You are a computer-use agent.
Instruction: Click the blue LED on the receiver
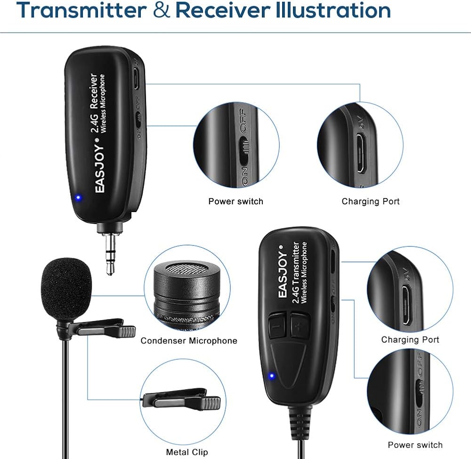point(78,198)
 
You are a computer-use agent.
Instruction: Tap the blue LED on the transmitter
point(272,376)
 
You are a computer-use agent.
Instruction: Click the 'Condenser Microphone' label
point(189,341)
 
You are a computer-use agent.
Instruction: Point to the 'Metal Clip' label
point(187,452)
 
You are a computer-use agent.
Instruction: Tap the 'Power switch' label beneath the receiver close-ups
point(236,201)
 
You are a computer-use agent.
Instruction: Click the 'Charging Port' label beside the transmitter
point(410,340)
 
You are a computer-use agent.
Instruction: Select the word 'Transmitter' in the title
point(81,10)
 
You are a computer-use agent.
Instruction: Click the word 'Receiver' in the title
point(223,10)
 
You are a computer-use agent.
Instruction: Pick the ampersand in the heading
point(161,10)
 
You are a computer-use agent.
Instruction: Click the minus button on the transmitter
point(276,326)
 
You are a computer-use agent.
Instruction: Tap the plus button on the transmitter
point(300,325)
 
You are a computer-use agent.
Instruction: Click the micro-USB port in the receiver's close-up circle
point(361,153)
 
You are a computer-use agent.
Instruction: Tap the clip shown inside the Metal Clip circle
point(182,399)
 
